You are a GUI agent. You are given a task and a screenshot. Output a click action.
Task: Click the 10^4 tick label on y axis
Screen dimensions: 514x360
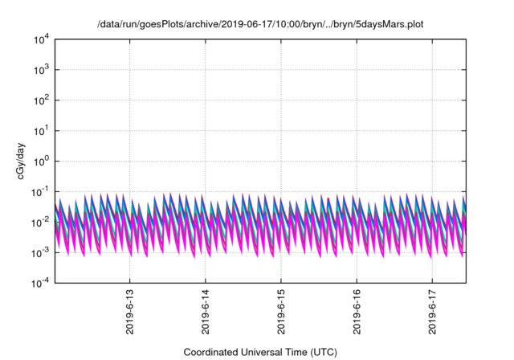tap(41, 40)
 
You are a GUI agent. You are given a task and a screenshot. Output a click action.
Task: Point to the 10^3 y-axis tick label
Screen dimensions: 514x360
tap(41, 69)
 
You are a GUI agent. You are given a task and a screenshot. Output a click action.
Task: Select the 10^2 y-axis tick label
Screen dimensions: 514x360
tap(41, 100)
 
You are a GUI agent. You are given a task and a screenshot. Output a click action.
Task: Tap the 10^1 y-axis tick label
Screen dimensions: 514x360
tap(41, 130)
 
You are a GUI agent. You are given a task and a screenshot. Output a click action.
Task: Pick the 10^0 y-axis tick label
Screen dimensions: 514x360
tap(41, 161)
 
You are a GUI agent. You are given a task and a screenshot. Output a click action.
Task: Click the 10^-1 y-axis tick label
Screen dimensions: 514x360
tap(40, 191)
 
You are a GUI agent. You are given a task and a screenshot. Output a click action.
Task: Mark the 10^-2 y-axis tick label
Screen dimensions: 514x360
tap(40, 222)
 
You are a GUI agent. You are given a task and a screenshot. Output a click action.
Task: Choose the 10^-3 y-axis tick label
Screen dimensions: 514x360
tap(40, 252)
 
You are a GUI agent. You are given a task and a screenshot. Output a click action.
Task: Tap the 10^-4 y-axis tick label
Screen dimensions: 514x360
tap(40, 282)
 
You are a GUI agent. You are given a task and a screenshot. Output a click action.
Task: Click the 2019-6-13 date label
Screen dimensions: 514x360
tap(130, 312)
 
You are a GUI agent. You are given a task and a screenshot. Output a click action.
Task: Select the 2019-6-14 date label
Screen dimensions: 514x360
tap(206, 312)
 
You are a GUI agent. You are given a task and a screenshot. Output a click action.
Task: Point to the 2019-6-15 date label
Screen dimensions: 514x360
tap(281, 312)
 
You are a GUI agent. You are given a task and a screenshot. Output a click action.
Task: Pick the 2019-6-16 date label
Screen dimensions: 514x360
tap(357, 312)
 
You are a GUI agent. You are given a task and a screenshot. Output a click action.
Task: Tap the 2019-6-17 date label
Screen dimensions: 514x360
tap(432, 312)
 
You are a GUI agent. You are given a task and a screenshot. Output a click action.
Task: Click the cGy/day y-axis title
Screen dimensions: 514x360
tap(21, 161)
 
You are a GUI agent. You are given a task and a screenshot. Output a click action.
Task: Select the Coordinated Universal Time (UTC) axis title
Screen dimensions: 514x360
tap(260, 352)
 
